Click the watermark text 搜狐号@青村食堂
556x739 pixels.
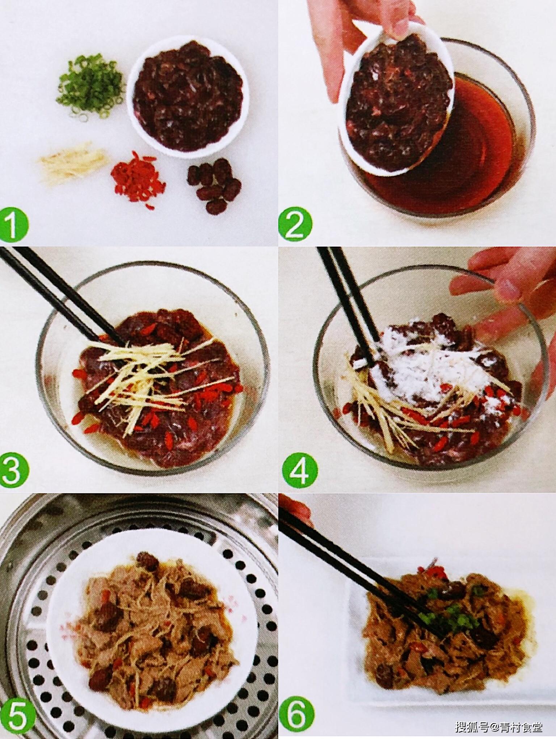(x=499, y=726)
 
